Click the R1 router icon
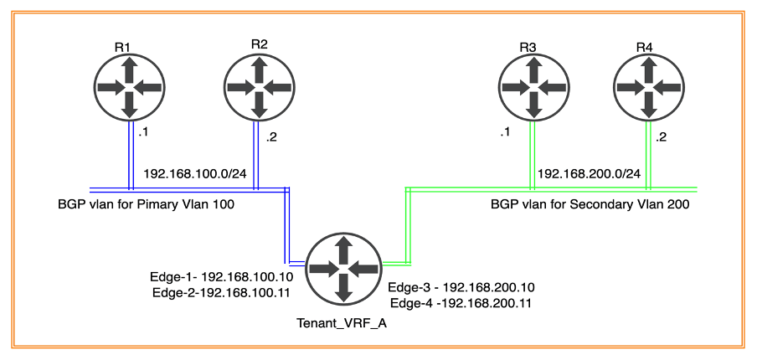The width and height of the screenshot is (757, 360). coord(128,86)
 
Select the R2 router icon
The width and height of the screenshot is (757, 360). coord(258,86)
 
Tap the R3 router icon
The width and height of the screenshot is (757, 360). coord(532,86)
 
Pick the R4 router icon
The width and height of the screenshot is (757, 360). coord(647,86)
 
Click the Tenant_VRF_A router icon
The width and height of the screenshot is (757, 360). coord(342,268)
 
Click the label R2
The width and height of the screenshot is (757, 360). coord(259,44)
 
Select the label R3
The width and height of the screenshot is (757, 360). coord(528,46)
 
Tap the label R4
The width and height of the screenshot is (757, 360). coord(644,46)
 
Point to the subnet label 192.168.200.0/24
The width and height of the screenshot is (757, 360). coord(589,173)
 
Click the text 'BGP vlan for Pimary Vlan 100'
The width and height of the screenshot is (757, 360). coord(146,203)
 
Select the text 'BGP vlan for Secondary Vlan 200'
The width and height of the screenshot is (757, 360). coord(590,203)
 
